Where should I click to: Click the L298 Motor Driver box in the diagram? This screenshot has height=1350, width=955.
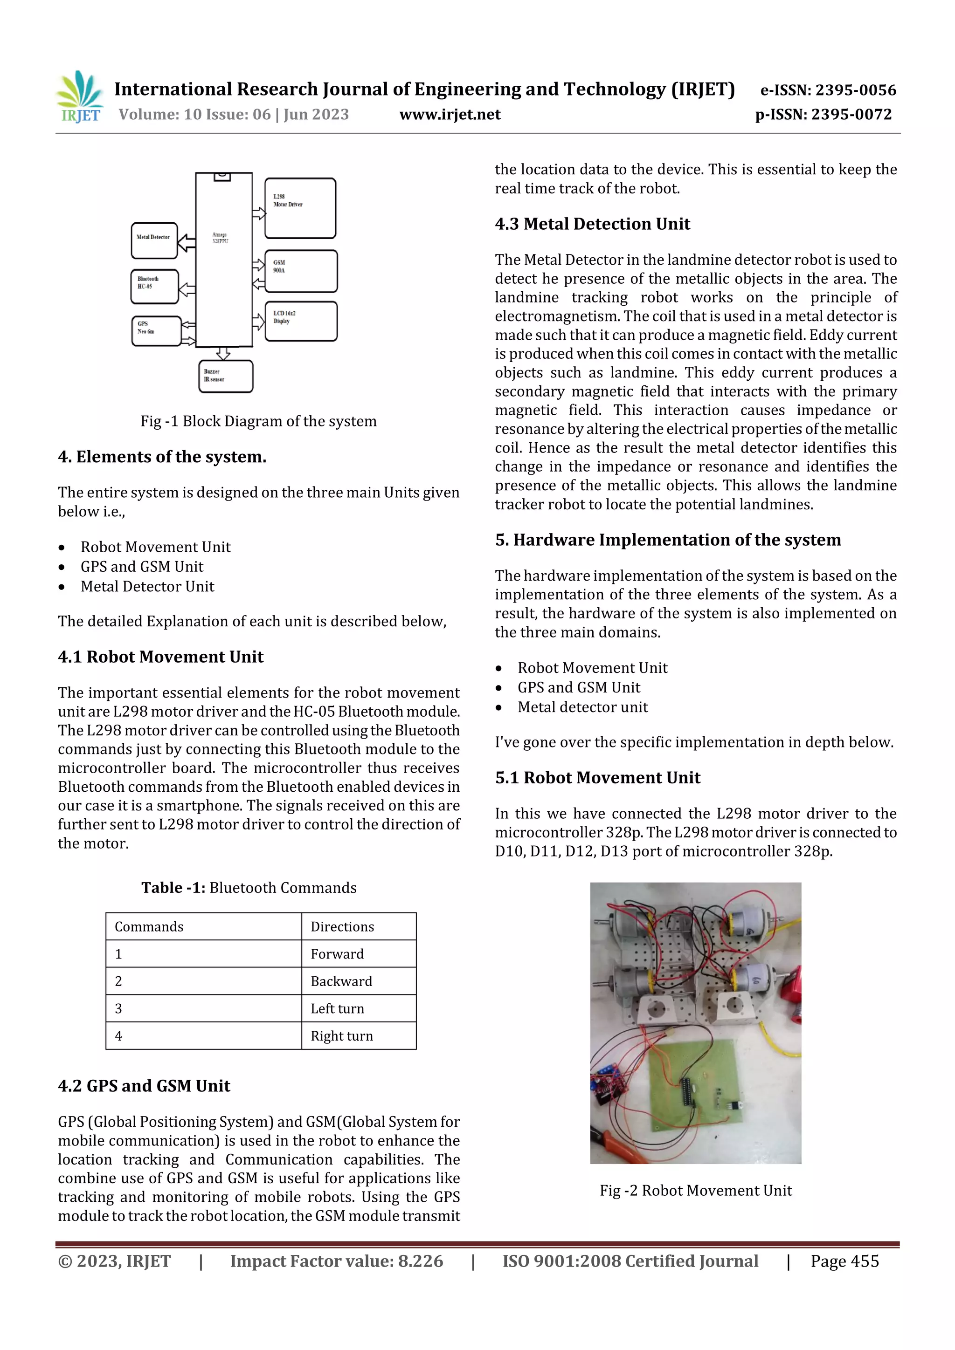(300, 208)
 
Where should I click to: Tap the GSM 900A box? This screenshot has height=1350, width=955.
(301, 271)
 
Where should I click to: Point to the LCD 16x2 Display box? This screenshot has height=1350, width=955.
(301, 321)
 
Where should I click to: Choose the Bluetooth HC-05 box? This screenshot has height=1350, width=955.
(154, 286)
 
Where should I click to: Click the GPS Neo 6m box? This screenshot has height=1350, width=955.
(156, 331)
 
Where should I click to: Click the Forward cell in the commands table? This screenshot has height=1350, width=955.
(337, 954)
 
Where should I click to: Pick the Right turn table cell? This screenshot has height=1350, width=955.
(342, 1035)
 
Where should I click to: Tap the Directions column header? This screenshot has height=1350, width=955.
(342, 927)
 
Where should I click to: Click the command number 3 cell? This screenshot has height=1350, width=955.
(119, 1008)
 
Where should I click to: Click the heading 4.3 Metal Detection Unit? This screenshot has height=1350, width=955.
(592, 224)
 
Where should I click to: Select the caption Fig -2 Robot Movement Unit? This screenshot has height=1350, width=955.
(696, 1190)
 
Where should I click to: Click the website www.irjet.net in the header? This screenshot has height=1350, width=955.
(450, 114)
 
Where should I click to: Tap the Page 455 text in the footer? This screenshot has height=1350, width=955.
(844, 1261)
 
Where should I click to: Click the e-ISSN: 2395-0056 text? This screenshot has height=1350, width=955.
(828, 90)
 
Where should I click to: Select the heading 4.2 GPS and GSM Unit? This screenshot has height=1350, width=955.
(144, 1085)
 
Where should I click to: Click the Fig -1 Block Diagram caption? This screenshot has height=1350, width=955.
(258, 421)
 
